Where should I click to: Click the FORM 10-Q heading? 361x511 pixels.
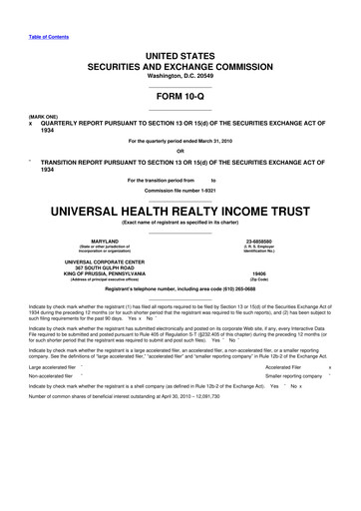tap(180, 97)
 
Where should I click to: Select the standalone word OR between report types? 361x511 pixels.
tap(180, 152)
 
